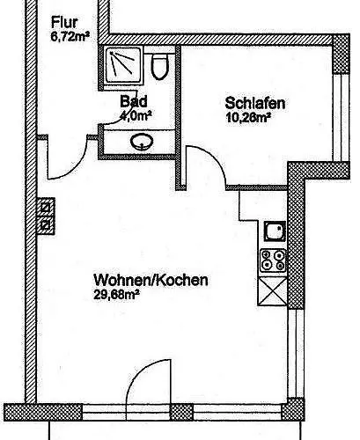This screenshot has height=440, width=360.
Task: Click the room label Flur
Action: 64,23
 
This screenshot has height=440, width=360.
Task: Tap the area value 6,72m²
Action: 70,37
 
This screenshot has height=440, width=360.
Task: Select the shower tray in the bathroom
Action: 121,65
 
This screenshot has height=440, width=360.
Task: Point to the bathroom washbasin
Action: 142,142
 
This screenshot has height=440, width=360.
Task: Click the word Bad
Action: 134,101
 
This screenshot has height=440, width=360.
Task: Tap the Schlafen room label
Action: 255,103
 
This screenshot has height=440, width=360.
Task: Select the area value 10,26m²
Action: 248,117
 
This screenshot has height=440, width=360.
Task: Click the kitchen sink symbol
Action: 275,231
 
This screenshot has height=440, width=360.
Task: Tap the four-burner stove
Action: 273,260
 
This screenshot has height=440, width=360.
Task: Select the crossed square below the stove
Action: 273,291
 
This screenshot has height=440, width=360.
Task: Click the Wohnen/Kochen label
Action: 151,280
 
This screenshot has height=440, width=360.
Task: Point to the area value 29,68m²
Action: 116,295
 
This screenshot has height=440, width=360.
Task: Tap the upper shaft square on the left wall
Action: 46,208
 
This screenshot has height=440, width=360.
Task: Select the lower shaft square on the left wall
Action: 46,225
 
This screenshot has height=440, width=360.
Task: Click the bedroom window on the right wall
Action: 341,117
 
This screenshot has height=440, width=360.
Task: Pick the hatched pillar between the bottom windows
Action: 182,412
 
